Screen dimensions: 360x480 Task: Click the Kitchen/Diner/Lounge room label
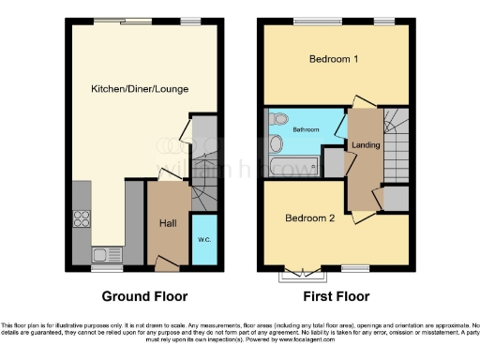[140, 89]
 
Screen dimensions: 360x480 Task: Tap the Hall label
[168, 223]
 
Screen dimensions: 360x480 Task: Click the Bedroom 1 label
[335, 59]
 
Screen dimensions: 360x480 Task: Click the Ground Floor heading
[138, 296]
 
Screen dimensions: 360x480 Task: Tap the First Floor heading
[336, 296]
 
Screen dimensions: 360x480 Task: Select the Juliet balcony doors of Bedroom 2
[296, 273]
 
